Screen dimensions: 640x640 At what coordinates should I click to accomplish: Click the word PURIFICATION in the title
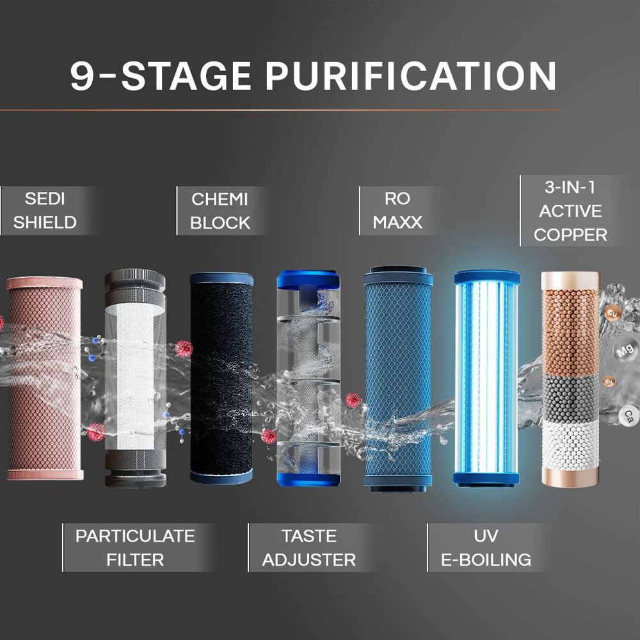[411, 76]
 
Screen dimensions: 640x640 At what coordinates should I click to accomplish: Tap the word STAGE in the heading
[186, 76]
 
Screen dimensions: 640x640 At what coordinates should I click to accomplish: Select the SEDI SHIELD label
[45, 211]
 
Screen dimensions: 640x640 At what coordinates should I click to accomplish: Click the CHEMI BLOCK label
[220, 211]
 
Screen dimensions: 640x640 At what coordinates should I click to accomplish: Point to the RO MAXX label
[397, 211]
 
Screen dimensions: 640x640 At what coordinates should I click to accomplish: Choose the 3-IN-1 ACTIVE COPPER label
[570, 211]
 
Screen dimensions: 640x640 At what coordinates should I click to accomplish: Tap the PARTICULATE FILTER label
[135, 548]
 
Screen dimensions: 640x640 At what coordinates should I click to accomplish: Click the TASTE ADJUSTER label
[309, 548]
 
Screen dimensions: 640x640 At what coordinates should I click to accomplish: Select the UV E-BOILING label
[486, 548]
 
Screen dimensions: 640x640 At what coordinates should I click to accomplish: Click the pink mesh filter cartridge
[45, 378]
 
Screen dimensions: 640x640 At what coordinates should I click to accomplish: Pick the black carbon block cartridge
[221, 378]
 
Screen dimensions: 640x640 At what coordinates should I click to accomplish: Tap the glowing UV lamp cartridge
[486, 378]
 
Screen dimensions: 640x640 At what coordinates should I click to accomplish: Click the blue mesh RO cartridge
[398, 378]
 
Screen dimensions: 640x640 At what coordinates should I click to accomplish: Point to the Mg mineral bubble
[625, 350]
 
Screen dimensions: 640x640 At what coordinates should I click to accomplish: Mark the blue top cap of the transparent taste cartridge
[308, 279]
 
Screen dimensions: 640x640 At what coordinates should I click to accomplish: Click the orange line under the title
[280, 110]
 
